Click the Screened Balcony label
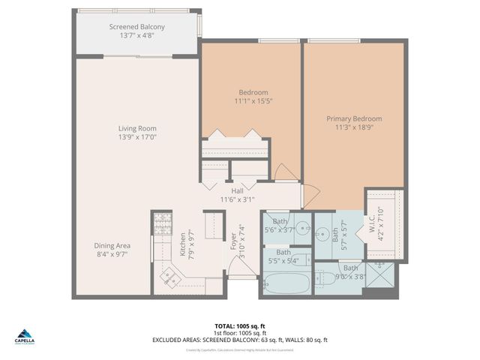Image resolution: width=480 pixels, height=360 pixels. tap(137, 28)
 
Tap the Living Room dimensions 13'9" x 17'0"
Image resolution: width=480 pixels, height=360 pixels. tap(137, 138)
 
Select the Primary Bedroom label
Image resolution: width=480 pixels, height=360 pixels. tap(353, 118)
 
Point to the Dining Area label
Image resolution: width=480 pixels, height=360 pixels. tap(112, 245)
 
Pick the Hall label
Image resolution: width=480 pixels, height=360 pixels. tap(236, 190)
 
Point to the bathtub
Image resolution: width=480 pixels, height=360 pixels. tap(286, 284)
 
